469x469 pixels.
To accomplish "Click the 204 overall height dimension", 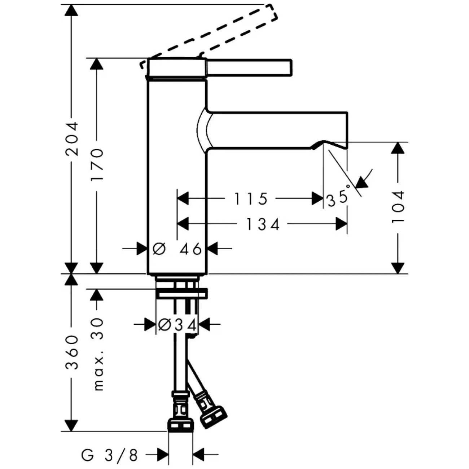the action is (72, 139).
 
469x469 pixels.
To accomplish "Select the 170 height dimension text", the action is (97, 165).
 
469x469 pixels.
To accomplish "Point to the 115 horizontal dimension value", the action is (251, 198).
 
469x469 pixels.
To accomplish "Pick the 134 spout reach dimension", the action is (263, 224).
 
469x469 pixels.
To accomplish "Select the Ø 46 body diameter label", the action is (177, 249).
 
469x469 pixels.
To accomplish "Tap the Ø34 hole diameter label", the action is (177, 324).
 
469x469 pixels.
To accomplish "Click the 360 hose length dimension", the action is (72, 353).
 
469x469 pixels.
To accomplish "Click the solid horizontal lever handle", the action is (249, 68).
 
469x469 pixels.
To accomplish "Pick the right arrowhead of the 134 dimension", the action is (341, 224).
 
